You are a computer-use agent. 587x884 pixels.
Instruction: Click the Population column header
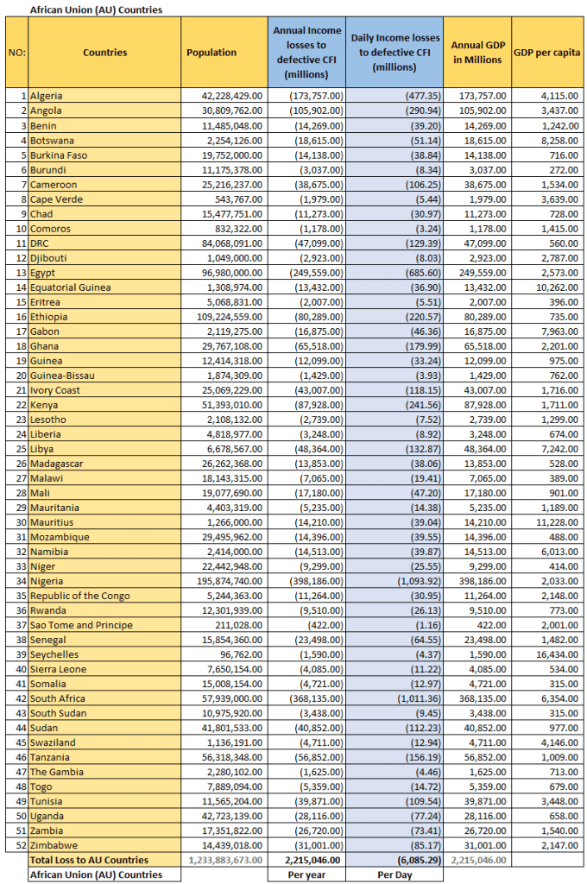(x=211, y=53)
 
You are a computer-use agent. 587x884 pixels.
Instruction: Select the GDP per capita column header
(x=546, y=53)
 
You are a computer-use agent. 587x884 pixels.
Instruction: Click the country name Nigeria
(x=47, y=581)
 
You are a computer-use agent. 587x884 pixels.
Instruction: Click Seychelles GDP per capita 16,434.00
(x=562, y=654)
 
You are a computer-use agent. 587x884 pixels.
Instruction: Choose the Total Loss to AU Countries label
(x=90, y=860)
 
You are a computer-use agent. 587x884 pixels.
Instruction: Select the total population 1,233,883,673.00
(x=225, y=860)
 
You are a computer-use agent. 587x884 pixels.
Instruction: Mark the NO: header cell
(x=16, y=53)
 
